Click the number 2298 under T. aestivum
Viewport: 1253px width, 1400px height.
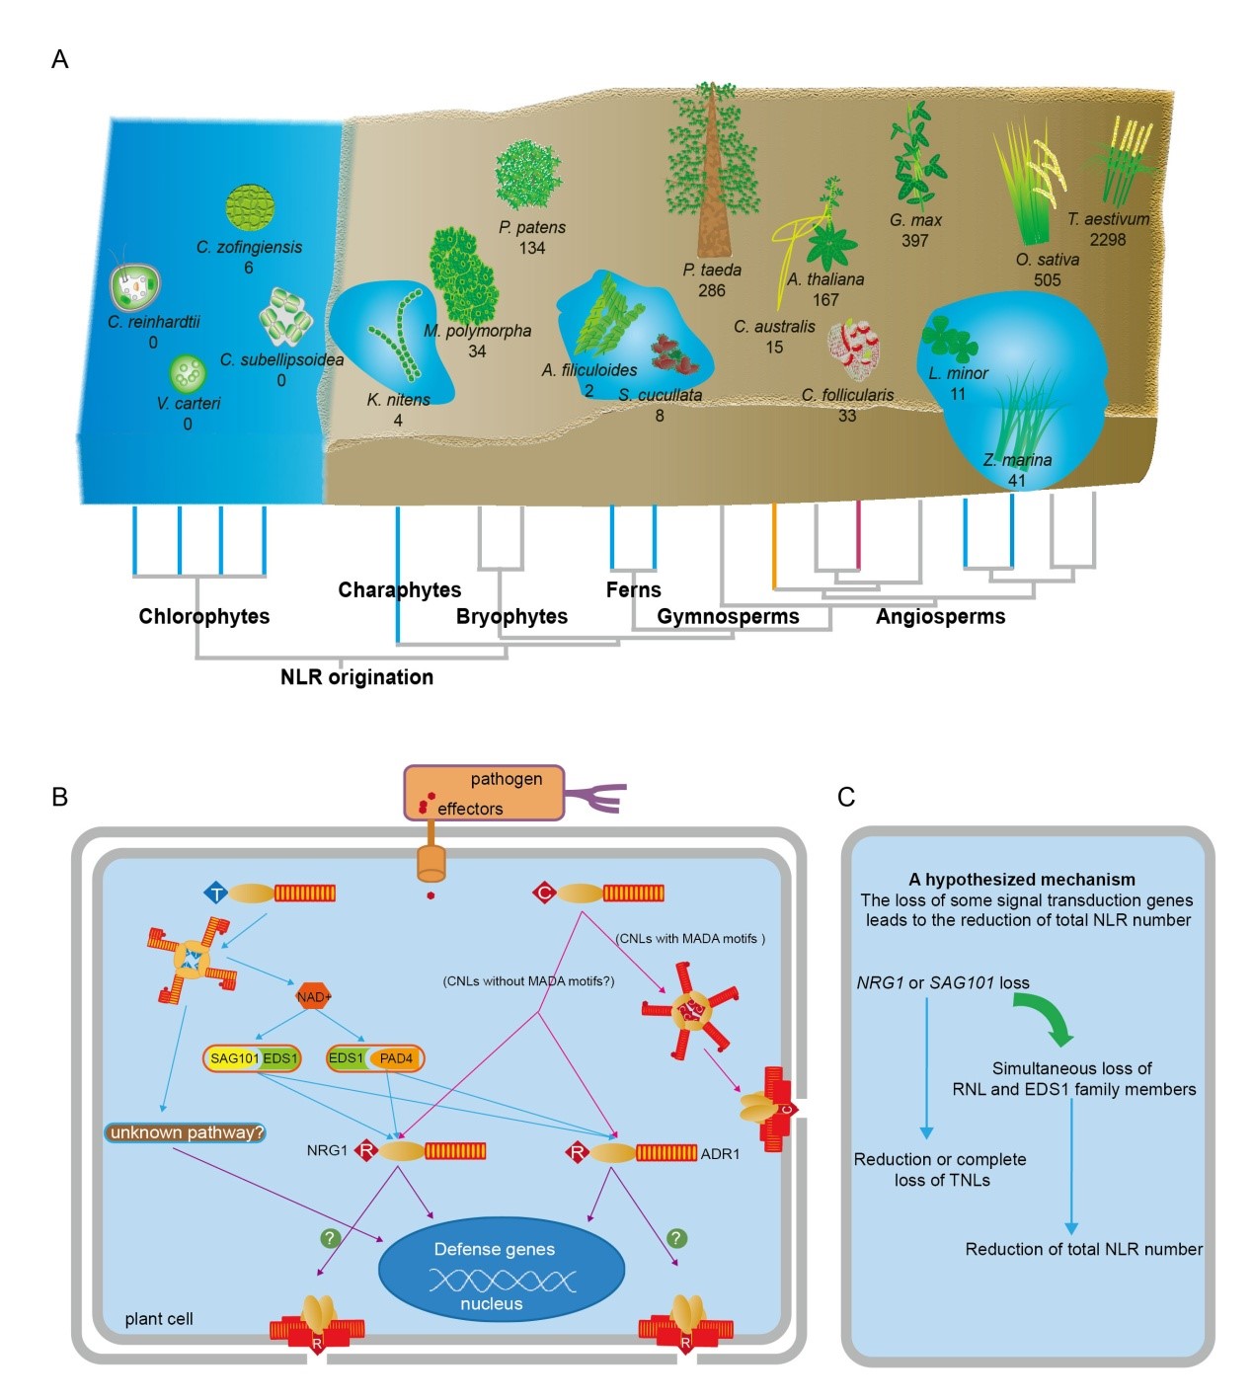[1107, 240]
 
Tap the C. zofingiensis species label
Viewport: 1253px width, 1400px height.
[249, 247]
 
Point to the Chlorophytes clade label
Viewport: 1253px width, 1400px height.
[203, 616]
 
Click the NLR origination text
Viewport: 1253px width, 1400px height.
[356, 677]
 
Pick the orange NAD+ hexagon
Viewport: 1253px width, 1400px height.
[313, 996]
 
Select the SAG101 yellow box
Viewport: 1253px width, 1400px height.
[233, 1058]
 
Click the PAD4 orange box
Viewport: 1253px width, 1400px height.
[396, 1058]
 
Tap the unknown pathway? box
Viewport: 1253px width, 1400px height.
[186, 1132]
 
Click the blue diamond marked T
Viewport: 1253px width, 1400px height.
[215, 894]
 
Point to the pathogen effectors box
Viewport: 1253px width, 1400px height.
[484, 793]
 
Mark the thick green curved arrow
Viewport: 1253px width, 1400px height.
[1045, 1018]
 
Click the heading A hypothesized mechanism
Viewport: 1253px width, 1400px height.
[1021, 880]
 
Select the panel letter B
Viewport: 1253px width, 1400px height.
[59, 797]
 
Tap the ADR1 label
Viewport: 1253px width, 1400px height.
[720, 1153]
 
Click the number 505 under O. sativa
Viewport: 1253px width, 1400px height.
[1047, 280]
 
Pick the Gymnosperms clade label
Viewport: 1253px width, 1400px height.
[728, 617]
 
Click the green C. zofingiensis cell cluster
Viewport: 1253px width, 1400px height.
[249, 208]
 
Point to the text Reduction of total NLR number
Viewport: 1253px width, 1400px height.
[1083, 1249]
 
